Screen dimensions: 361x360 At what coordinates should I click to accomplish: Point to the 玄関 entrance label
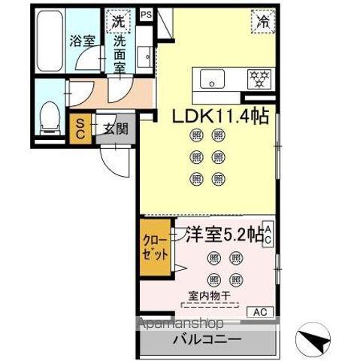(x=115, y=129)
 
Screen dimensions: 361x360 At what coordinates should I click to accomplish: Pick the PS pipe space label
(x=145, y=13)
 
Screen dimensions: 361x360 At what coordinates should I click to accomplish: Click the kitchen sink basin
(x=210, y=77)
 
